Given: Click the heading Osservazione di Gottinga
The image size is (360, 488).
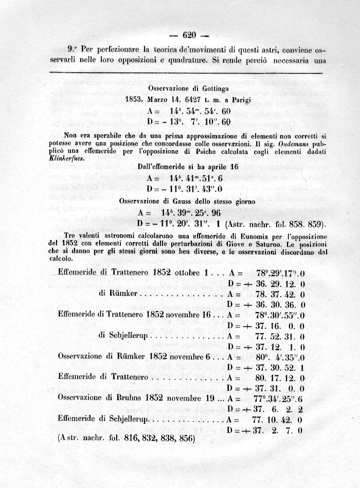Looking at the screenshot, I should click(185, 88).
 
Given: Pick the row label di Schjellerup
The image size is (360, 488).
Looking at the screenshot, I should click(126, 335).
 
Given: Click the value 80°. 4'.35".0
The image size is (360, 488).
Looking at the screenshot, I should click(280, 356).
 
